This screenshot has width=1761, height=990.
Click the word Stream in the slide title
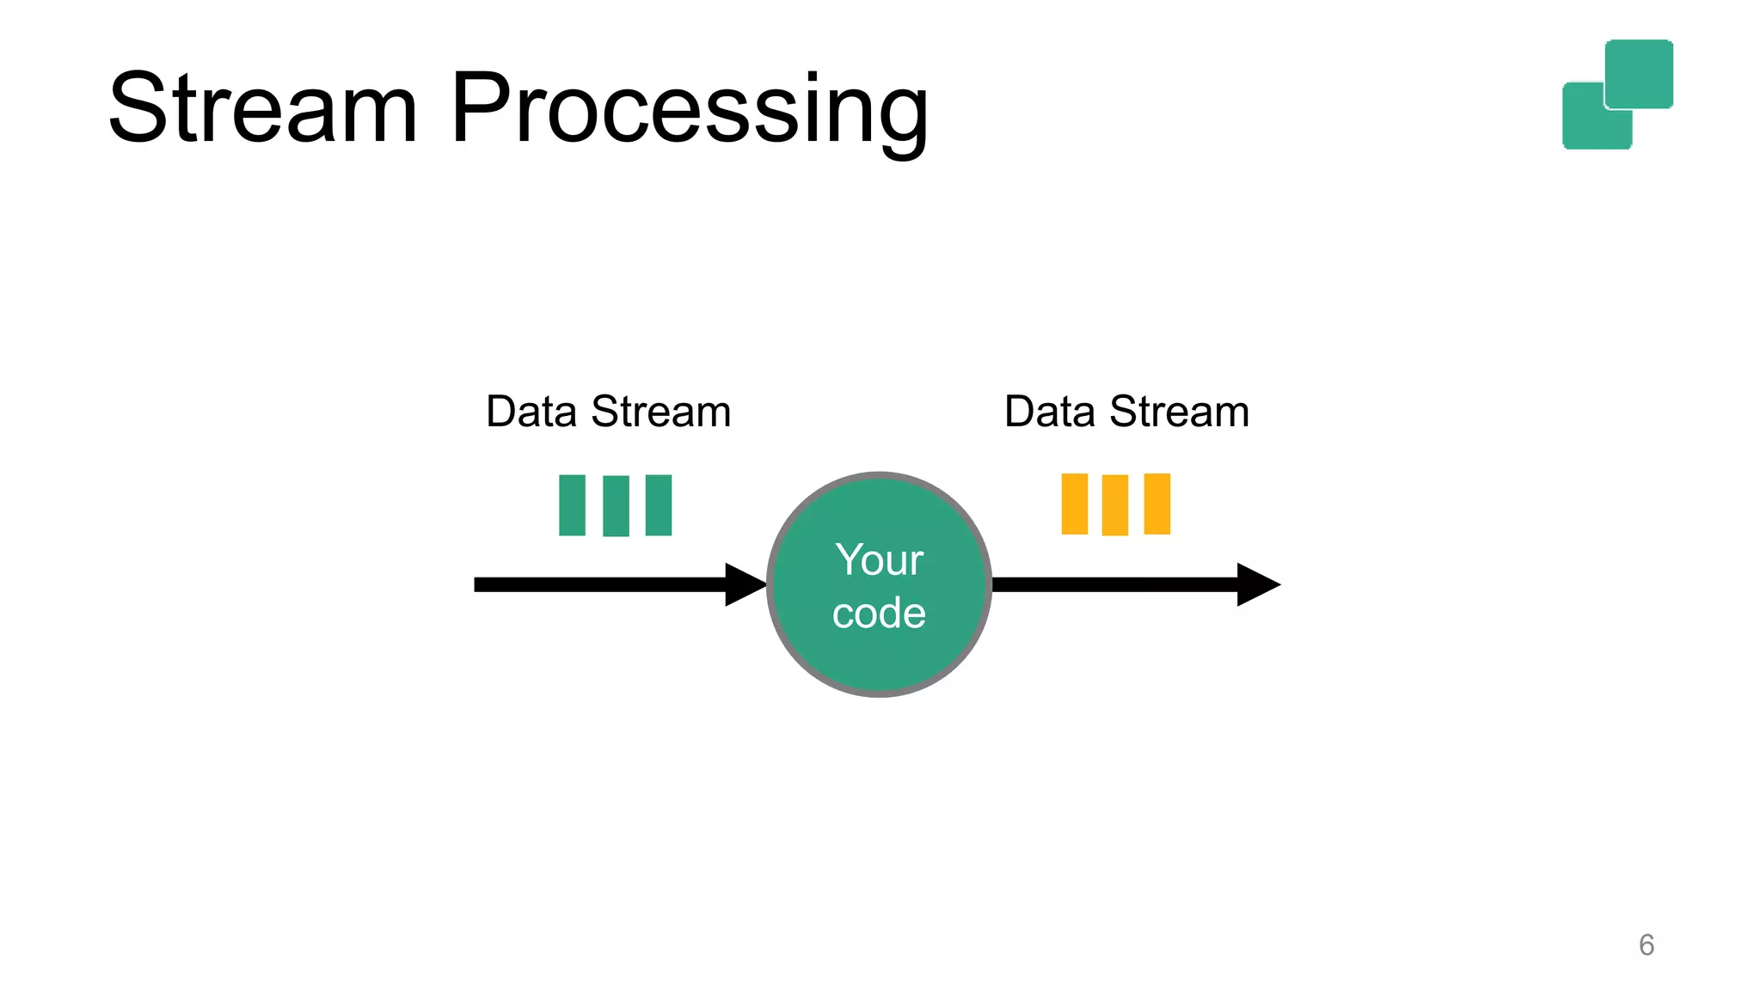tap(262, 109)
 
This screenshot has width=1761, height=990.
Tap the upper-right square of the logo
tap(1639, 73)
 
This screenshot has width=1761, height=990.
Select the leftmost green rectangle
tap(572, 505)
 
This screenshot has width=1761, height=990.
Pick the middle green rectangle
tap(616, 506)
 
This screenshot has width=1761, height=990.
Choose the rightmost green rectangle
tap(659, 505)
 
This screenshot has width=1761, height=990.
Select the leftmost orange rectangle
tap(1074, 504)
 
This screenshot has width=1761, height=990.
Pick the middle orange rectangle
tap(1115, 504)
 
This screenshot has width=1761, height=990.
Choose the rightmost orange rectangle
tap(1157, 504)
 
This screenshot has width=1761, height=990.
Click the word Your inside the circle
tap(879, 560)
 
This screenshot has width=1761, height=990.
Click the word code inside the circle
tap(879, 613)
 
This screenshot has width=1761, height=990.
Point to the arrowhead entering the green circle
tap(745, 584)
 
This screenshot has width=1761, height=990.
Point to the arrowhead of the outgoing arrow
tap(1257, 584)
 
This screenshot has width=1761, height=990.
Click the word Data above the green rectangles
tap(531, 412)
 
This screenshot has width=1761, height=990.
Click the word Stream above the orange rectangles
tap(1179, 412)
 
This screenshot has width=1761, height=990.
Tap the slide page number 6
tap(1646, 944)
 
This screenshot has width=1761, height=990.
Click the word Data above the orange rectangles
tap(1049, 412)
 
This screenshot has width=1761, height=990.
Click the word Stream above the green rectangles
tap(660, 412)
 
